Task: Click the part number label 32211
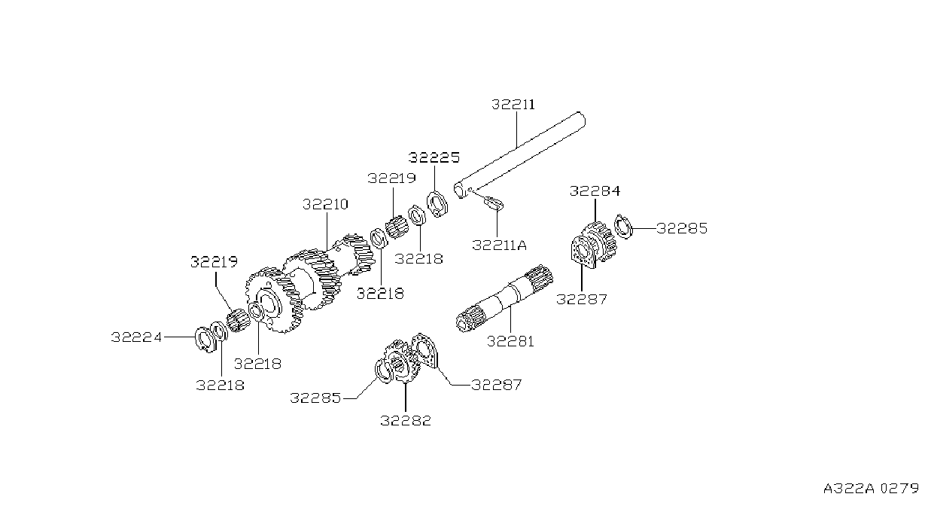click(x=513, y=104)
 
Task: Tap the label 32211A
click(x=499, y=245)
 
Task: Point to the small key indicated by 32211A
click(x=494, y=203)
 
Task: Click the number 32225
click(x=434, y=157)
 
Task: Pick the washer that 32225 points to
click(x=437, y=203)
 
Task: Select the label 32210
click(x=325, y=204)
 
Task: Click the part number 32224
click(x=136, y=337)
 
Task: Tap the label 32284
click(x=595, y=191)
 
